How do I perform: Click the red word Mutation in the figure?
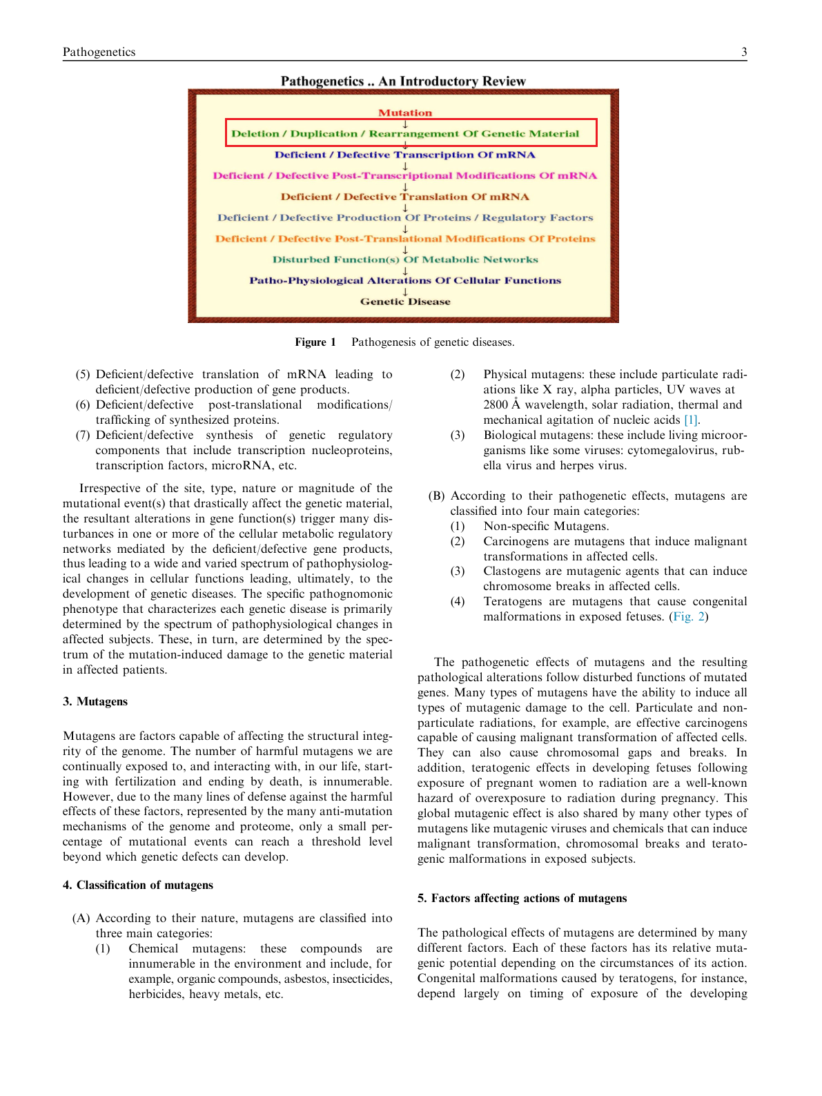(405, 112)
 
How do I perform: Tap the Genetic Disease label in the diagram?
(405, 302)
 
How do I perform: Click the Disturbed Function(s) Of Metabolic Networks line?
(405, 260)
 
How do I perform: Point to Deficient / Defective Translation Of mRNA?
(405, 197)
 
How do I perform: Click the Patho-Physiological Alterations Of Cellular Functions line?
(405, 280)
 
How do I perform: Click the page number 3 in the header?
(744, 52)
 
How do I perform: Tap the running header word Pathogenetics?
(99, 52)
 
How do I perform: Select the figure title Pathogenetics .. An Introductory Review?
(403, 81)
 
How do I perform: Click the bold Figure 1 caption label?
(315, 342)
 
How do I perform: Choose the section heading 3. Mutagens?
(95, 701)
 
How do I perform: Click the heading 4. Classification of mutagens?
(138, 885)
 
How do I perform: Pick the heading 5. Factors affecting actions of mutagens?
(522, 898)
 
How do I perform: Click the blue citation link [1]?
(691, 420)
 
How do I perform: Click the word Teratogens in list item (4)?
(513, 601)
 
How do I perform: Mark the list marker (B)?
(436, 496)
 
